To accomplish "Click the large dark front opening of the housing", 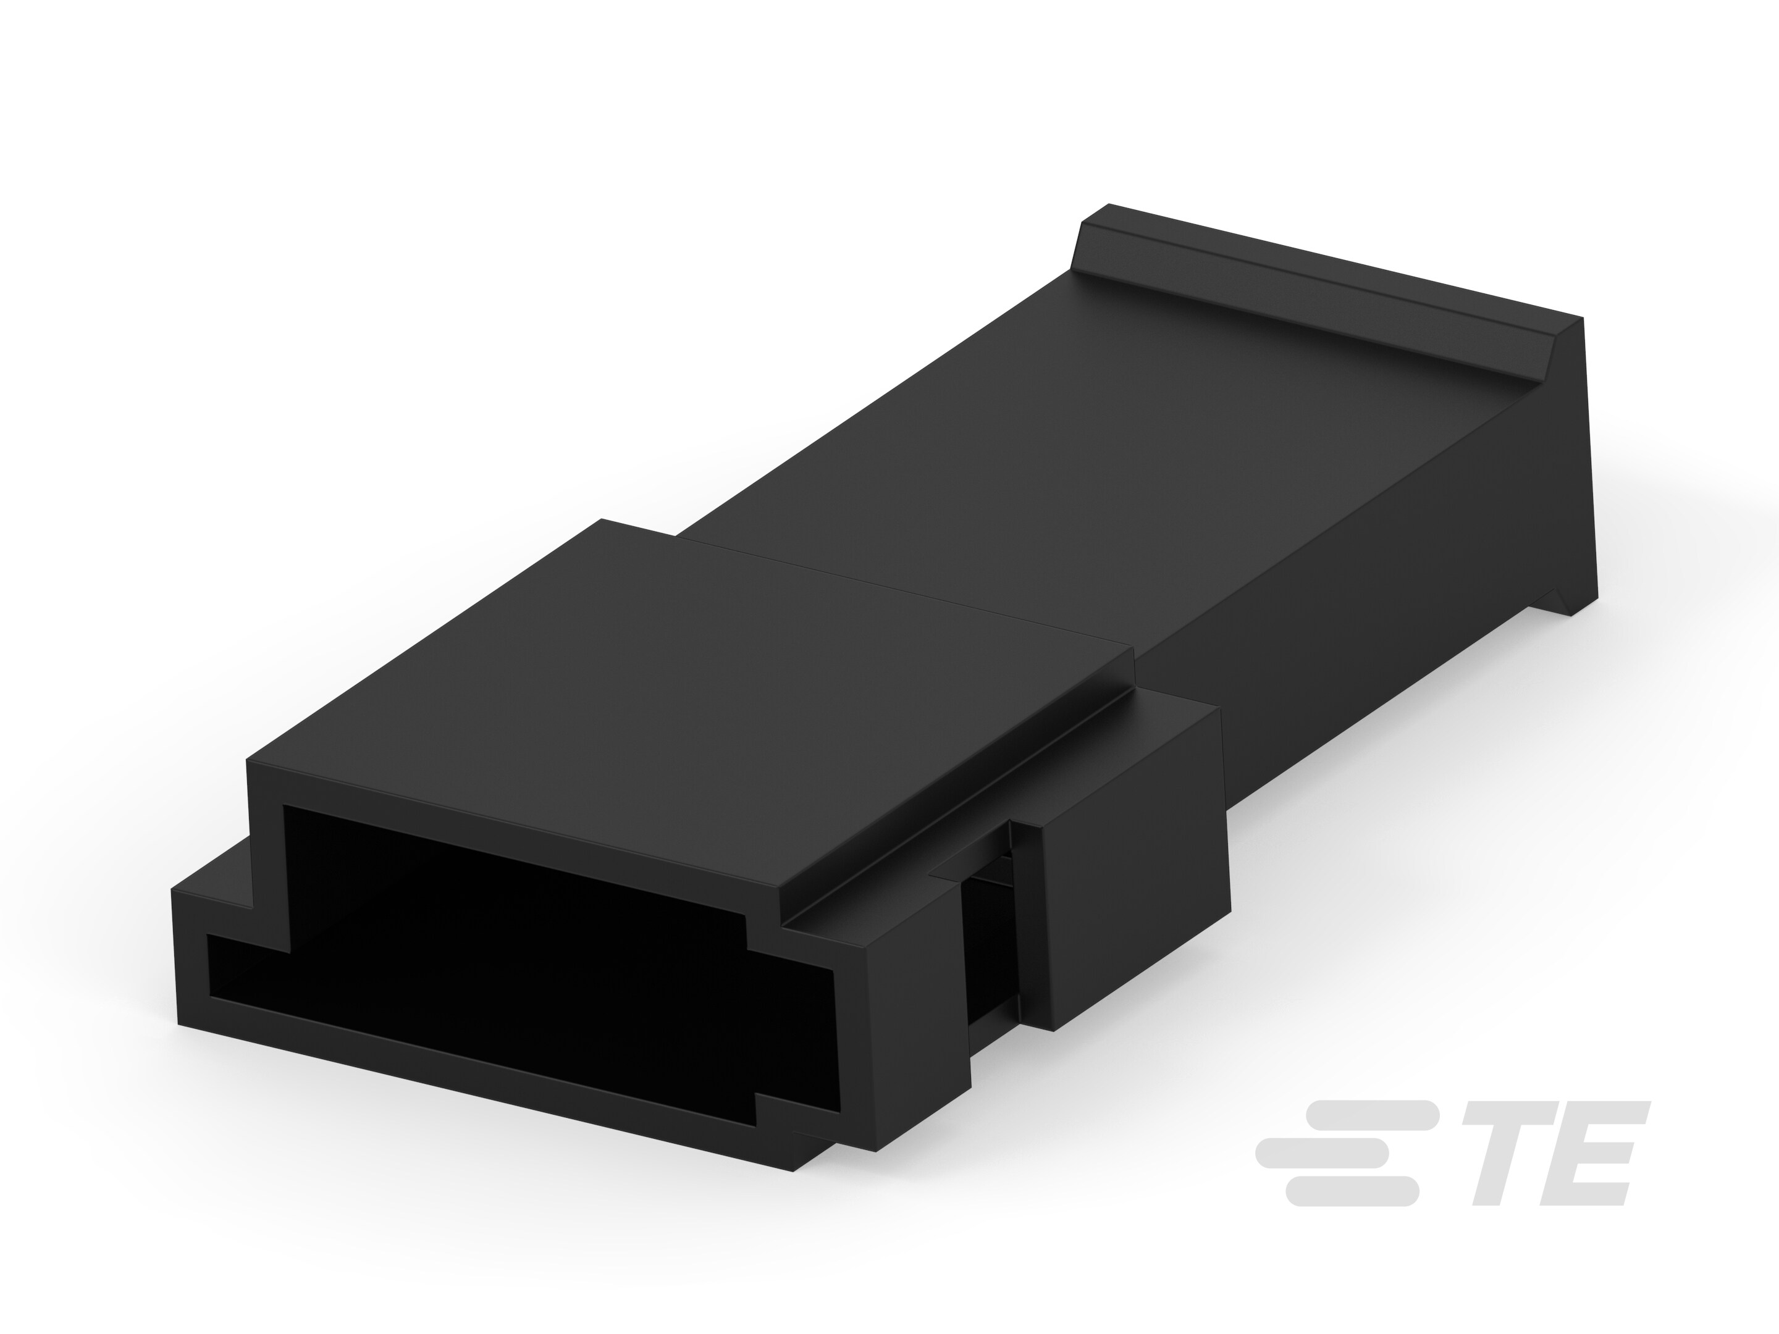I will click(515, 949).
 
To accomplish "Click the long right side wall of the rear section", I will click(1367, 603).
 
